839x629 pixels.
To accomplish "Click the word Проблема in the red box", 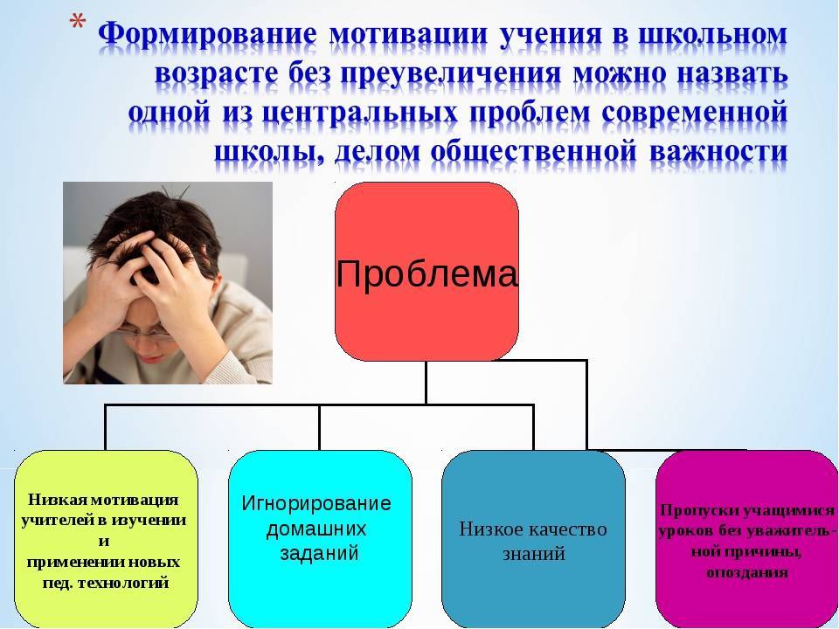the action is pyautogui.click(x=427, y=273).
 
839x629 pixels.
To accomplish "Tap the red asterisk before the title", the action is pyautogui.click(x=78, y=24).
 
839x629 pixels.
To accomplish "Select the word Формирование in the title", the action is pyautogui.click(x=207, y=34).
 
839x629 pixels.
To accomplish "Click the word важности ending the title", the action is pyautogui.click(x=718, y=151).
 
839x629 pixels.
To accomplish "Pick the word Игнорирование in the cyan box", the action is pyautogui.click(x=316, y=503).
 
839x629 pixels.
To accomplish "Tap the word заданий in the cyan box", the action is pyautogui.click(x=319, y=553).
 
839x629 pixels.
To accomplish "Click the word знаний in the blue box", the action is pyautogui.click(x=534, y=553).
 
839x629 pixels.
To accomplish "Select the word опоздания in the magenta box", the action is pyautogui.click(x=747, y=573).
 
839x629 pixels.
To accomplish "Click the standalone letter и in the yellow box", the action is pyautogui.click(x=104, y=542).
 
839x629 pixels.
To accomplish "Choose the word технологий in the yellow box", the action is pyautogui.click(x=123, y=582).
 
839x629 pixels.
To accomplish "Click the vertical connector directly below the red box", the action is pyautogui.click(x=426, y=383).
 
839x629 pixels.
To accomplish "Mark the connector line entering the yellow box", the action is pyautogui.click(x=106, y=427).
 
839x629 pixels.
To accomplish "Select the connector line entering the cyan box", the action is pyautogui.click(x=320, y=427).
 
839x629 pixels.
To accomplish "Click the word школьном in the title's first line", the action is pyautogui.click(x=713, y=34).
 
